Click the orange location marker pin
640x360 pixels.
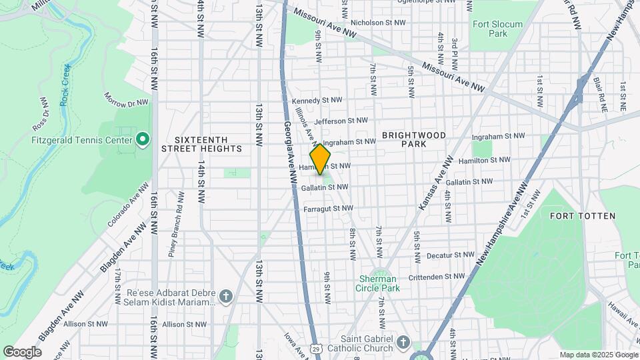(x=321, y=159)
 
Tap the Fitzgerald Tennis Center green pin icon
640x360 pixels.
(x=142, y=140)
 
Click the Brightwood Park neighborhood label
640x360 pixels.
(x=413, y=139)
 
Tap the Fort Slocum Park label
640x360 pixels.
(x=490, y=29)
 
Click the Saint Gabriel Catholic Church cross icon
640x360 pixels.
(x=402, y=343)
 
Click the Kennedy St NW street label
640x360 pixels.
(x=317, y=101)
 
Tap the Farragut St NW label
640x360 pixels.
(x=327, y=209)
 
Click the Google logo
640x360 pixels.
(x=22, y=352)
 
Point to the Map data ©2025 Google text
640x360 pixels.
(x=598, y=355)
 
